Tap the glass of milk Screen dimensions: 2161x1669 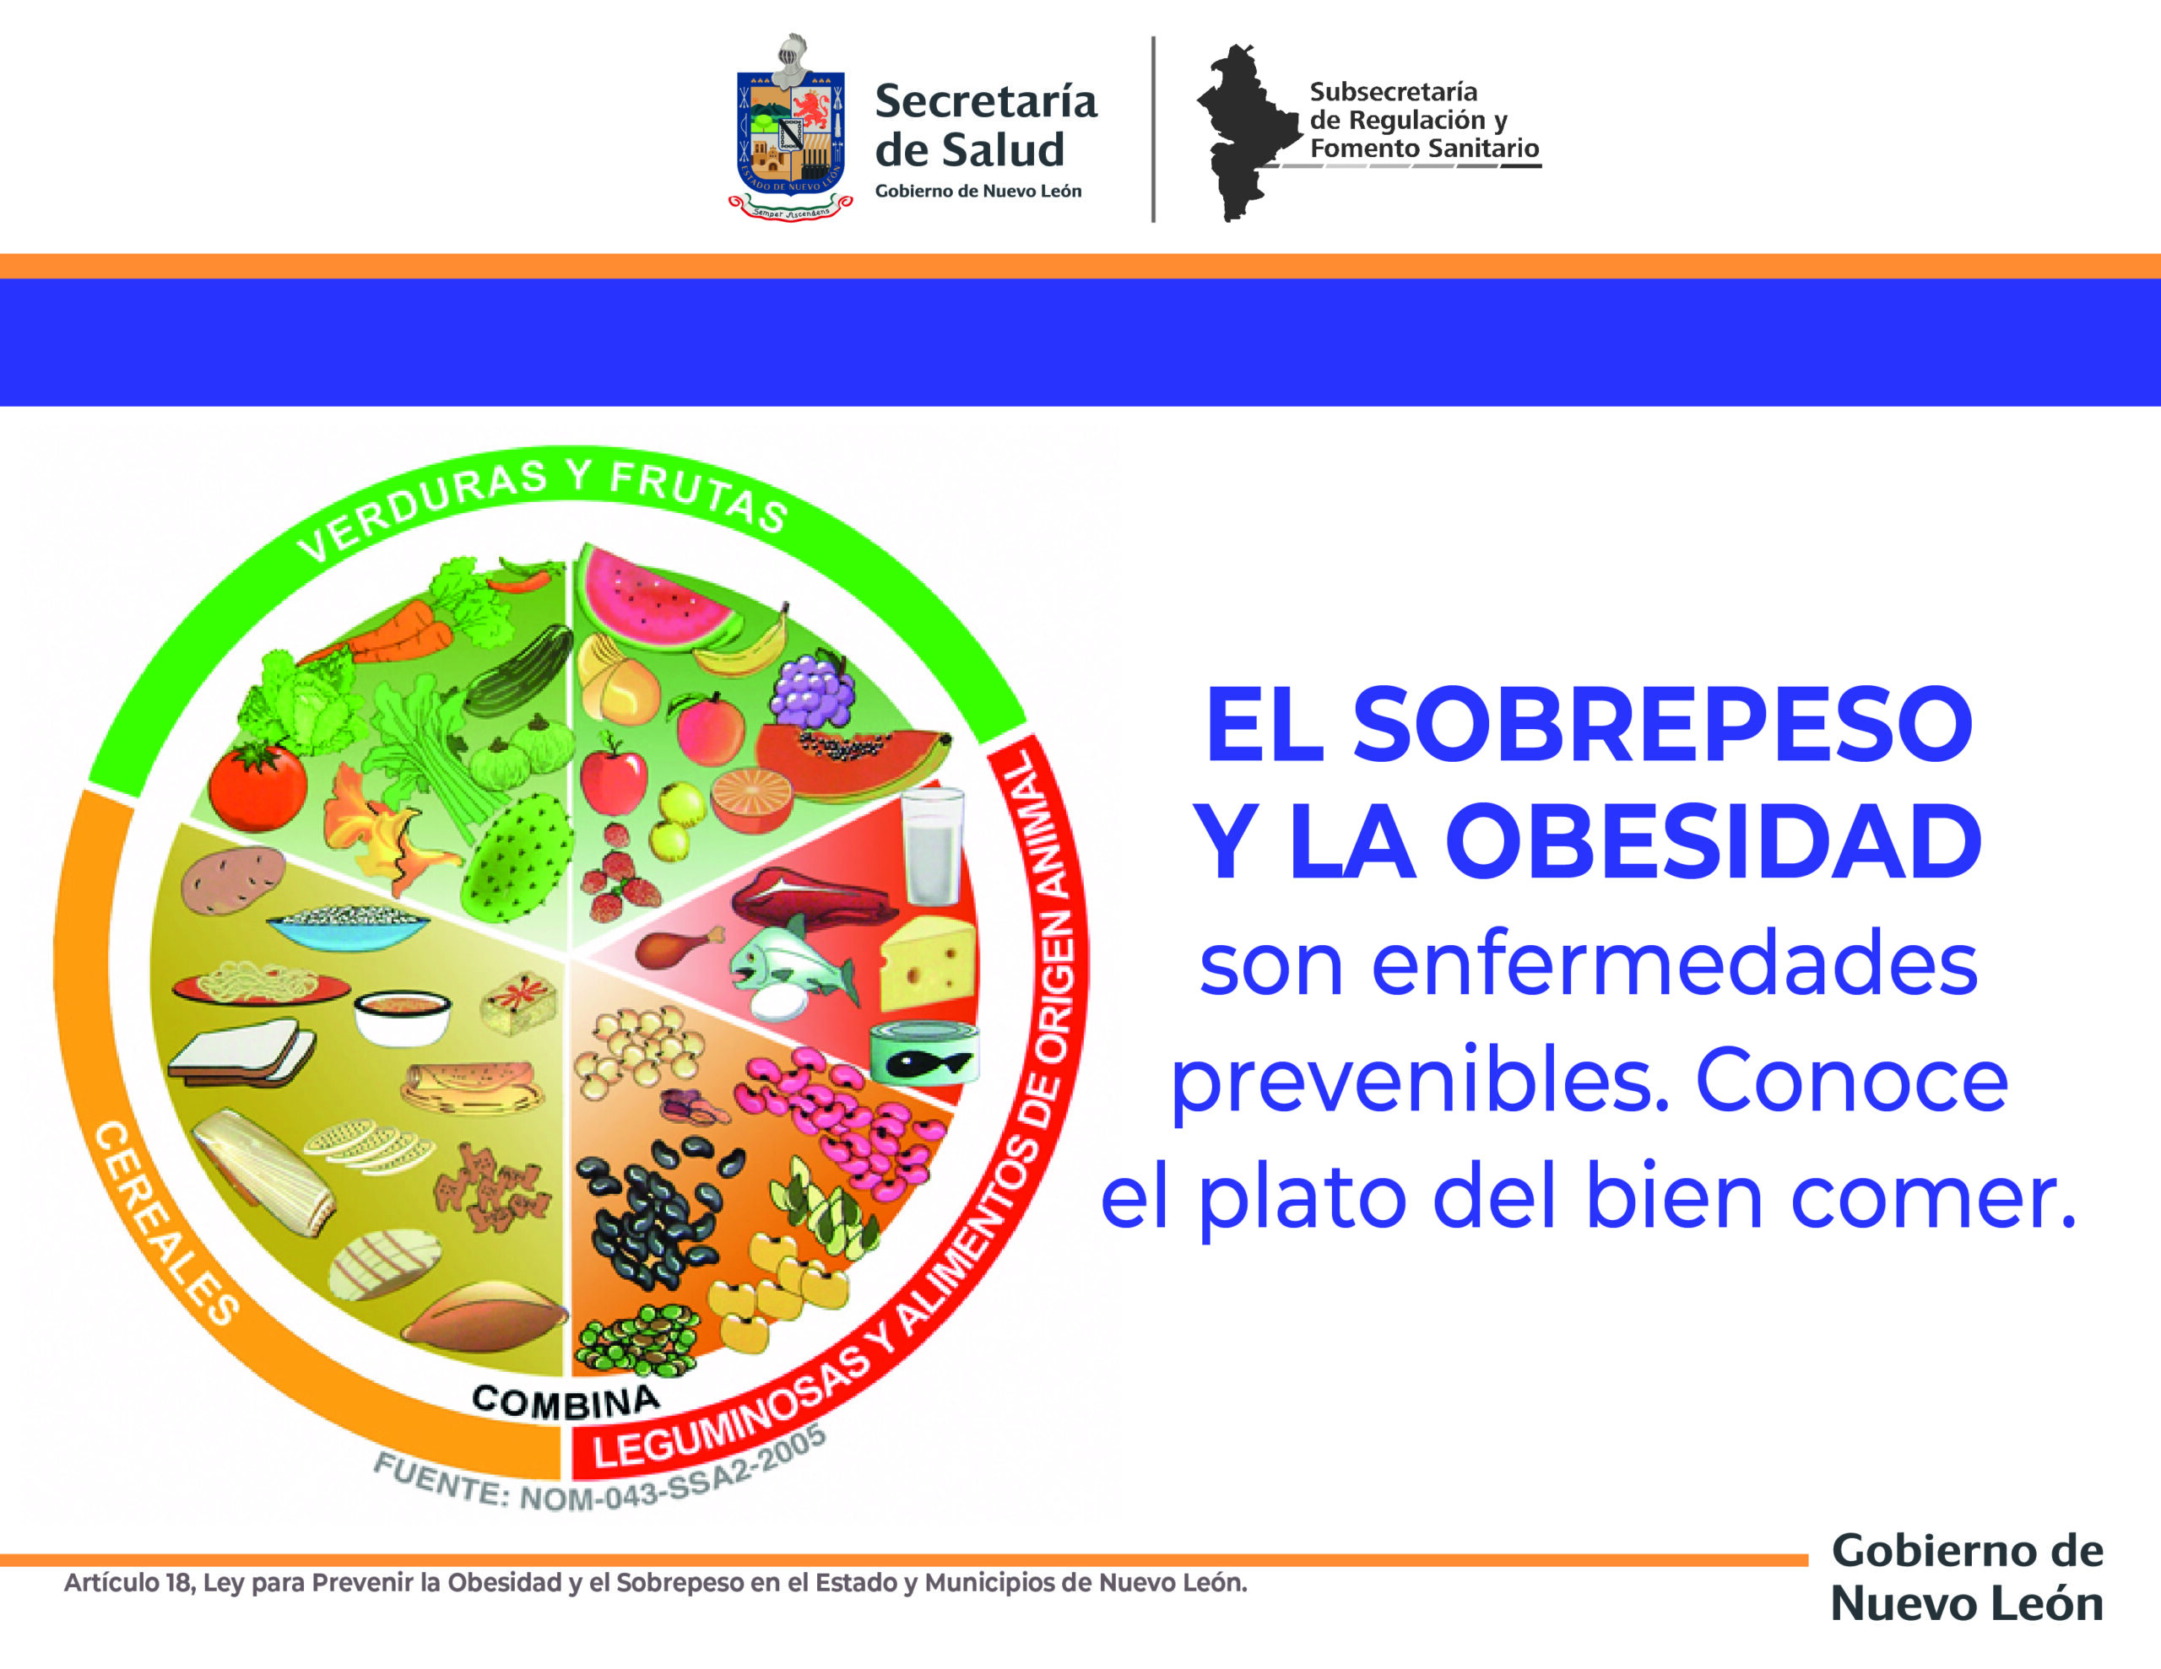click(x=931, y=845)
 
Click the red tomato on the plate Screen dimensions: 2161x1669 click(x=257, y=786)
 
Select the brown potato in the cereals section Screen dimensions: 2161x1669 click(x=232, y=878)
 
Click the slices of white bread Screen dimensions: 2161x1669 click(x=241, y=1055)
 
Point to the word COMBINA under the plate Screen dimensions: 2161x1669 click(x=566, y=1401)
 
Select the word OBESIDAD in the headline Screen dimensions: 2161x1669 click(x=1716, y=841)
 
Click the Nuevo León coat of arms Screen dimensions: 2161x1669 click(x=791, y=127)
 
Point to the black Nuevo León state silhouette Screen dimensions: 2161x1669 click(x=1248, y=132)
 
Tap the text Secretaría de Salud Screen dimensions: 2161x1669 click(x=985, y=126)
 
